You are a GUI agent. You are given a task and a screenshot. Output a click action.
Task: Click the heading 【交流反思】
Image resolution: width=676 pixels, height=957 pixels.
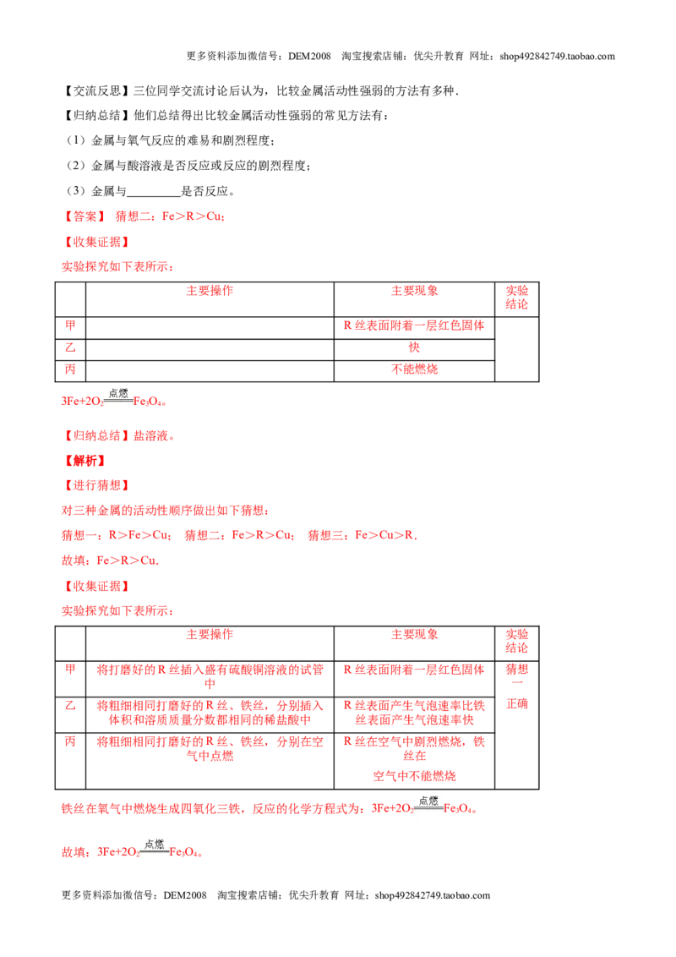[95, 91]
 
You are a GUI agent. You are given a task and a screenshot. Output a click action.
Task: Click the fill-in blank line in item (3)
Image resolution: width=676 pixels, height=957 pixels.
[153, 196]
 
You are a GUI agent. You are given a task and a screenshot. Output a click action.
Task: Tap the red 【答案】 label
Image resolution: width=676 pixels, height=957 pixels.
[84, 216]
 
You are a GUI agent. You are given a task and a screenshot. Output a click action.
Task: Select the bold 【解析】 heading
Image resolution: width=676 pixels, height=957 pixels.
[84, 461]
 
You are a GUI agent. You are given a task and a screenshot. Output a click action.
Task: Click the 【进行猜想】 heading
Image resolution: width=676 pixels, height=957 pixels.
[95, 486]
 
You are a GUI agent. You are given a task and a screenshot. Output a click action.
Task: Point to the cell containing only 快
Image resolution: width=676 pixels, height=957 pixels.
[414, 347]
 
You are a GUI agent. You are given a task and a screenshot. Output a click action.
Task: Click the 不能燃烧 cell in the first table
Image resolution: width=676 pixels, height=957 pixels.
[414, 369]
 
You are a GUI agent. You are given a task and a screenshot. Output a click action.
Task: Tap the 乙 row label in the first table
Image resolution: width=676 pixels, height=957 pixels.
[70, 347]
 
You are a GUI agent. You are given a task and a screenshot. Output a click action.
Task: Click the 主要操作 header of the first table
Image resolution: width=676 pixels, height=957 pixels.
[210, 291]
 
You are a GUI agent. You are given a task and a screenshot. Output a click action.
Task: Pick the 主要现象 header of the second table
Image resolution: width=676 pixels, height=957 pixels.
[414, 635]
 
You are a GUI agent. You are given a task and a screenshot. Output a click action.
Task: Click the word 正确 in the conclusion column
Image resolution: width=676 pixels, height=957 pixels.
[517, 704]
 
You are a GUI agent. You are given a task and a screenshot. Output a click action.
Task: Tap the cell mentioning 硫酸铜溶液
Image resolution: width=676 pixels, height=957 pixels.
[210, 676]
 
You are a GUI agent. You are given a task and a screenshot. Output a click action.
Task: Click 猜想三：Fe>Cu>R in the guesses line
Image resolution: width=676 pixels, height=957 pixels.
[363, 535]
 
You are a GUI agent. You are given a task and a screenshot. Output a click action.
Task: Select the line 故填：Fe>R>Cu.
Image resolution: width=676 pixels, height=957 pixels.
[110, 561]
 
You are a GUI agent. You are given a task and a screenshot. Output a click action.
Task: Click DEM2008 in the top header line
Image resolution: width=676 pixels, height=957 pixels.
[309, 56]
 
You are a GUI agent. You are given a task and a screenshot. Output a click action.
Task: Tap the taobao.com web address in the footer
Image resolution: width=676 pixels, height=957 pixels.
[433, 895]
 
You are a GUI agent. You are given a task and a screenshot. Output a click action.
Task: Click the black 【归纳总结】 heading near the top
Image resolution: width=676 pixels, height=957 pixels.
[95, 116]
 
